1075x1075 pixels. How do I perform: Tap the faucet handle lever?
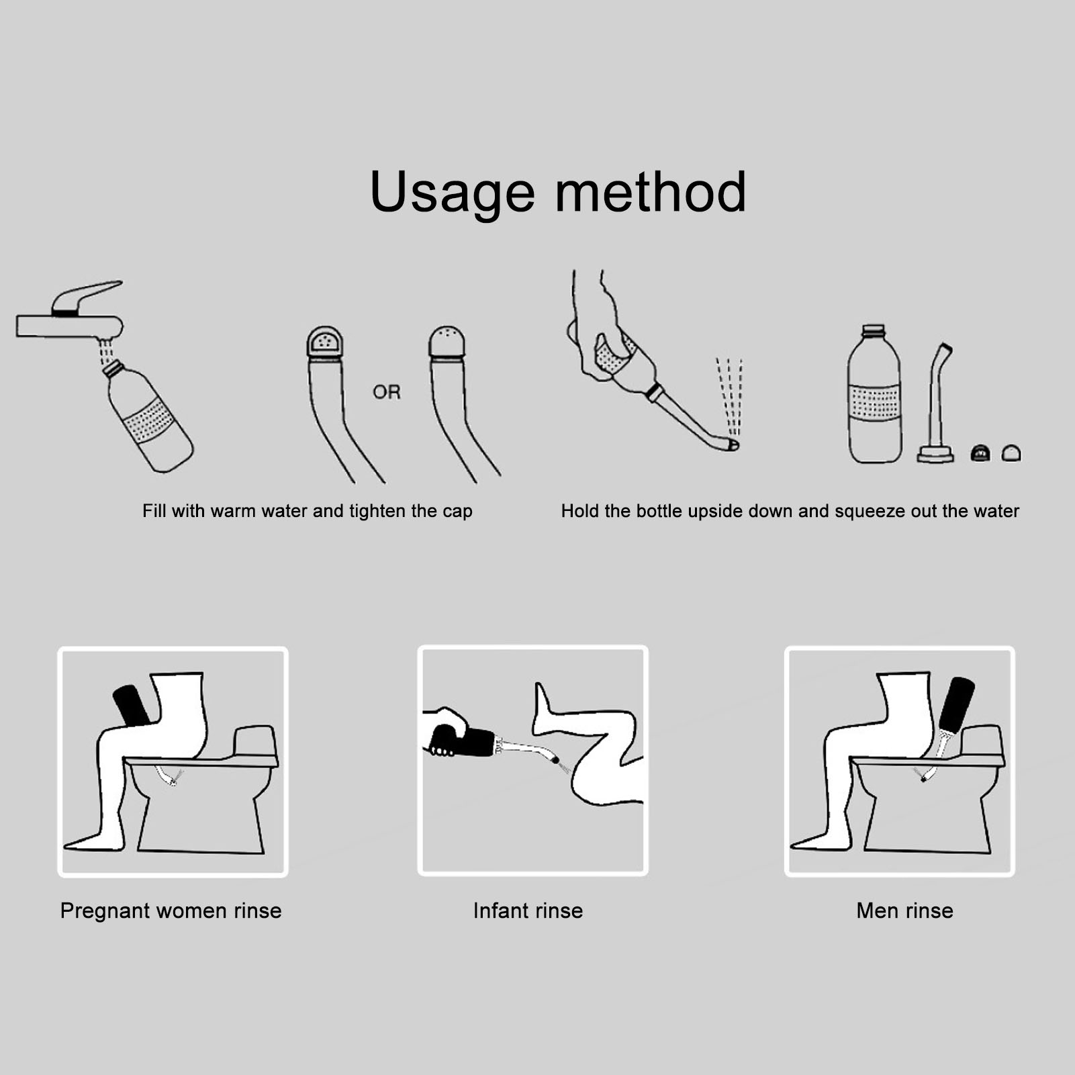click(87, 297)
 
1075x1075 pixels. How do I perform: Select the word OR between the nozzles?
click(386, 392)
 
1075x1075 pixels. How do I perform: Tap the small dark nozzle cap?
click(980, 453)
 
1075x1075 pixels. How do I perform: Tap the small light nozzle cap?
click(1011, 453)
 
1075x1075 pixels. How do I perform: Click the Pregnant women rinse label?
click(171, 911)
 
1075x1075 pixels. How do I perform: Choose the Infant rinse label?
click(528, 911)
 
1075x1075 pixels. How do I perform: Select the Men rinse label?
click(905, 911)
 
